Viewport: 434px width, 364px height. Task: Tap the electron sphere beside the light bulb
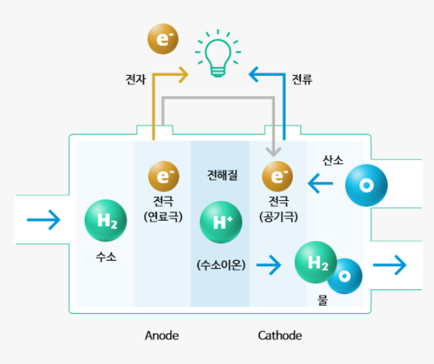pos(163,39)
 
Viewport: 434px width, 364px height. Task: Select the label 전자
pos(136,79)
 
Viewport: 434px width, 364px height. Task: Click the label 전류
pos(302,79)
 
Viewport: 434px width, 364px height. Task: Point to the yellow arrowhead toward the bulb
pos(184,74)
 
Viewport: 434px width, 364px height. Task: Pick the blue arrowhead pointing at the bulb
pos(254,74)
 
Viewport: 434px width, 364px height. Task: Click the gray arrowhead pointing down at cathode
pos(273,151)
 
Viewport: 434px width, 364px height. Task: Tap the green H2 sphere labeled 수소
pos(105,221)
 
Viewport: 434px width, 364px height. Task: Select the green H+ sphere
pos(221,222)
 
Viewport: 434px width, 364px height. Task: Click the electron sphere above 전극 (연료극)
pos(164,176)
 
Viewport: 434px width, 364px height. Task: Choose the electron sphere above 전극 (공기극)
pos(278,176)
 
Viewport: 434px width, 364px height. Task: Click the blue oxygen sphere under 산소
pos(366,185)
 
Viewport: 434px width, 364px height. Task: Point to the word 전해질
pos(222,175)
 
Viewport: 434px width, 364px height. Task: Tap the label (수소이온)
pos(221,265)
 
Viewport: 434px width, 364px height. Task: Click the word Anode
pos(162,336)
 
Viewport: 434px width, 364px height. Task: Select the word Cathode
pos(280,336)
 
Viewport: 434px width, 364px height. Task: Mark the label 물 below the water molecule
pos(323,300)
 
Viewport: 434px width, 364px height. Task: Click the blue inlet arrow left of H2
pos(44,220)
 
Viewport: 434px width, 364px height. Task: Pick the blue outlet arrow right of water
pos(390,265)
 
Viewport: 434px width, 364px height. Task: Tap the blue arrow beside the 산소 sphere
pos(321,183)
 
